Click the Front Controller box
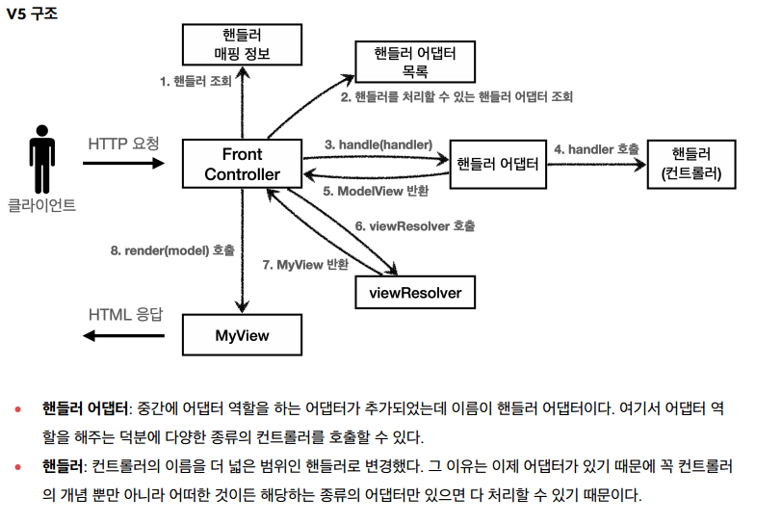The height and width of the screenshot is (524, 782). tap(242, 164)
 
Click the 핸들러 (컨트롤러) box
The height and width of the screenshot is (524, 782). tap(691, 164)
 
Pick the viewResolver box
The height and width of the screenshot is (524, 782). tap(415, 292)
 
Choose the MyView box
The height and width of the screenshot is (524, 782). tap(242, 335)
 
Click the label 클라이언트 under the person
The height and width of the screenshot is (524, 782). tap(41, 205)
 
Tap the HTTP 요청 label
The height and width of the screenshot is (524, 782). tap(123, 144)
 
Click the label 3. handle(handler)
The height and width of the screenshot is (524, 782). tap(378, 144)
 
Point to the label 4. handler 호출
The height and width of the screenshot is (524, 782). tap(596, 149)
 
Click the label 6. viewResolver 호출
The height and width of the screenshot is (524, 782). tap(414, 225)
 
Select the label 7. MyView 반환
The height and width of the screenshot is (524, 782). tap(305, 263)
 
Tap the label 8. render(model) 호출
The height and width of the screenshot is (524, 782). tap(172, 249)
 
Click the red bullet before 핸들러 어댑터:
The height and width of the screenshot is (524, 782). tap(18, 409)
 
